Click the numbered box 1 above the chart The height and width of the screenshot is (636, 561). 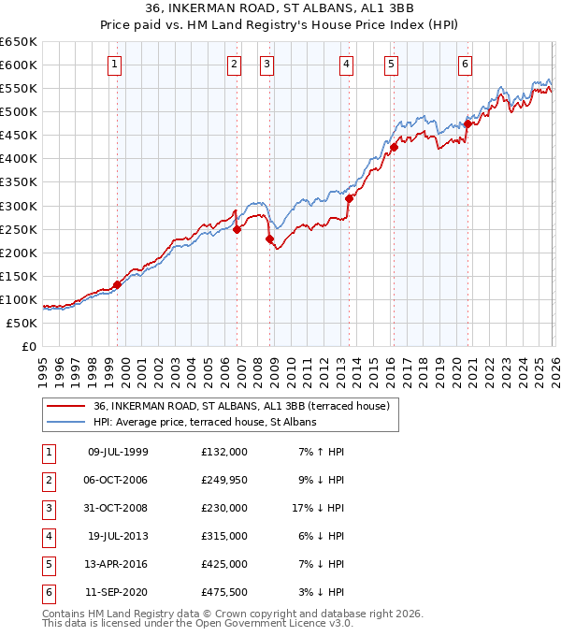113,65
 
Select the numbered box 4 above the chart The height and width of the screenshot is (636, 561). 346,65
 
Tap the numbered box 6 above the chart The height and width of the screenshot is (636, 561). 465,65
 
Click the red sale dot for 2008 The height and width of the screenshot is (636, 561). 270,238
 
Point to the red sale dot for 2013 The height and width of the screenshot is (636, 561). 349,198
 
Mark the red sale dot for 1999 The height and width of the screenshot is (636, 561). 117,284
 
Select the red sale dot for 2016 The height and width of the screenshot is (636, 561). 394,147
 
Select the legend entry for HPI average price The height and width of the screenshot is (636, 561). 205,422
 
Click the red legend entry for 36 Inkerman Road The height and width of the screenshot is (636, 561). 247,406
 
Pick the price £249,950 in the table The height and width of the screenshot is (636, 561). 223,480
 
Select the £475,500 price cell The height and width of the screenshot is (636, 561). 223,592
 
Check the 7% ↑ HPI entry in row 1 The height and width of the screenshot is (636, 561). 322,452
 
